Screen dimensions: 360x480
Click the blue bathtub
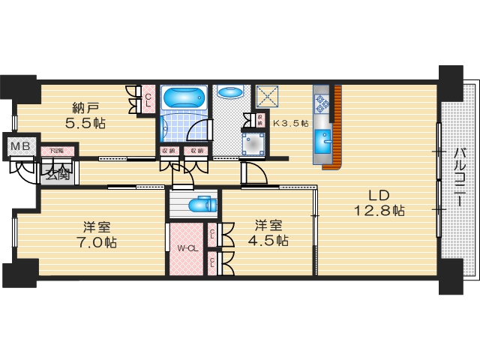click(184, 98)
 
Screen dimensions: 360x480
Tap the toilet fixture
click(199, 204)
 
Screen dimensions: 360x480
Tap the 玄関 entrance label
click(57, 175)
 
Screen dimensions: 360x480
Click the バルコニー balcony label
click(457, 179)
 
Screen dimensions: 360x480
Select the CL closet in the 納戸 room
click(148, 100)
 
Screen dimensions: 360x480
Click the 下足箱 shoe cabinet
click(57, 151)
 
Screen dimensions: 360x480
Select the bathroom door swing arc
click(197, 129)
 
